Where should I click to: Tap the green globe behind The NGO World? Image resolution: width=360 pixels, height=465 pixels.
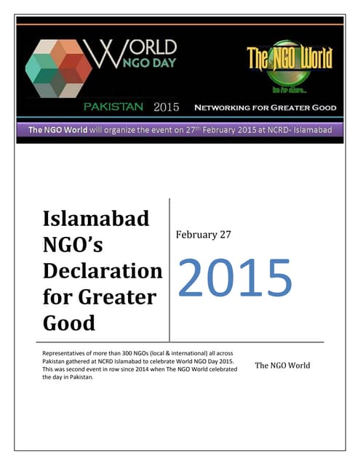289,62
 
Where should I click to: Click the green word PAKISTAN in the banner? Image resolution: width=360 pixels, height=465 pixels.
115,108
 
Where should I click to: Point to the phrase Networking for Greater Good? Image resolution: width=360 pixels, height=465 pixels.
265,108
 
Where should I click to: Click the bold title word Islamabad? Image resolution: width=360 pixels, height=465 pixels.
97,218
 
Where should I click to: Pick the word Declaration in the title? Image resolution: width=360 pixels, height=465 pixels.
103,271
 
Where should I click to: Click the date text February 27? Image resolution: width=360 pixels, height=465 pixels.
207,235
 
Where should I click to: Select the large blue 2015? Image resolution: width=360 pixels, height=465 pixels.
234,277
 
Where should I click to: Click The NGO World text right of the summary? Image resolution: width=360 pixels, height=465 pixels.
282,365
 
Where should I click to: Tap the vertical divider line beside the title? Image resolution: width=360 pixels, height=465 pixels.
169,269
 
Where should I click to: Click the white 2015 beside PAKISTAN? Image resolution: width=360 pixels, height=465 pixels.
167,108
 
